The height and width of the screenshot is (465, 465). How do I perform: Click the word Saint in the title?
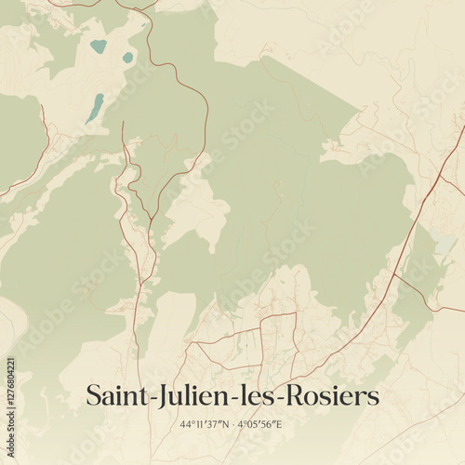tap(114, 395)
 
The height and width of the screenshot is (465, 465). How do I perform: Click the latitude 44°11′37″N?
tap(204, 425)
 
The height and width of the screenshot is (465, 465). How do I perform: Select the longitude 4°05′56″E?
tap(259, 425)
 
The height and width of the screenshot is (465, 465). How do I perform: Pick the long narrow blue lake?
tap(94, 108)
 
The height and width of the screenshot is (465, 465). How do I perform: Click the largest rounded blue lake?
tap(98, 46)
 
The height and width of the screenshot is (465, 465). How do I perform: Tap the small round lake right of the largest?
tap(127, 58)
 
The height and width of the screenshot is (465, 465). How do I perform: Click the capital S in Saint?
tap(93, 395)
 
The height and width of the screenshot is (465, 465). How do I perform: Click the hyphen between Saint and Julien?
tap(147, 398)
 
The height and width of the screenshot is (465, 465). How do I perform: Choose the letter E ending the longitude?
tap(279, 425)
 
